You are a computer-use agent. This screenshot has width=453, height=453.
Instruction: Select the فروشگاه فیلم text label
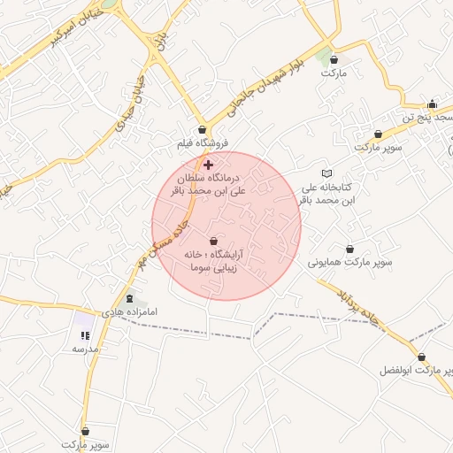pyautogui.click(x=203, y=142)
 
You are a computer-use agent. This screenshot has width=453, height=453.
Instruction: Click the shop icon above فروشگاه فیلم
pyautogui.click(x=203, y=129)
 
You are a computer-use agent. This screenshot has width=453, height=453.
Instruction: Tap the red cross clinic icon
pyautogui.click(x=208, y=165)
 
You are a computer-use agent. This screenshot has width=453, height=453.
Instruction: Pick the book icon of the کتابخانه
pyautogui.click(x=327, y=173)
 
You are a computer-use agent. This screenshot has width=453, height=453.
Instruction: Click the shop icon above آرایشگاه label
pyautogui.click(x=214, y=240)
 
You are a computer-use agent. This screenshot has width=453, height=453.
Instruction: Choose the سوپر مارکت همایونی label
pyautogui.click(x=349, y=263)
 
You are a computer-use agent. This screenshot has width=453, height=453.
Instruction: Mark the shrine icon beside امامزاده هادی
pyautogui.click(x=131, y=299)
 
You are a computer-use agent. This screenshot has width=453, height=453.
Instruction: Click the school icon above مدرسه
pyautogui.click(x=85, y=335)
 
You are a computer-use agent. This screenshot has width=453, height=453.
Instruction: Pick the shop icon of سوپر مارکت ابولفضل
pyautogui.click(x=421, y=357)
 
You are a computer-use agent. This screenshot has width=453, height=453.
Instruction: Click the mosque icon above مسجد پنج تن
pyautogui.click(x=432, y=104)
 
